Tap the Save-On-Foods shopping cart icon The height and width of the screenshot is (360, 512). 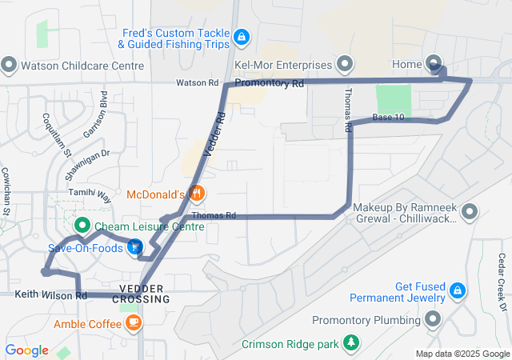coord(134,248)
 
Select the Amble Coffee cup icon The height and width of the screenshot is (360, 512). coord(134,323)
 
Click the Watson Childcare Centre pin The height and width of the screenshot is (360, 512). coord(10,64)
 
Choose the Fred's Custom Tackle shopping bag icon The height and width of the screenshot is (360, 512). coord(242,36)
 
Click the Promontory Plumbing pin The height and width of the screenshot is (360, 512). coord(434,320)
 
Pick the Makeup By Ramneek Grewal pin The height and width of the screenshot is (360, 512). coord(470,212)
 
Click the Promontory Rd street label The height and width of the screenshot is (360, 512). coord(270,83)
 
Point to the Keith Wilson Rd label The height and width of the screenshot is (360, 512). coord(50,296)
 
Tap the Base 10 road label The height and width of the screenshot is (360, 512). coord(388,118)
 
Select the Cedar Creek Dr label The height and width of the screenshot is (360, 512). coord(502,273)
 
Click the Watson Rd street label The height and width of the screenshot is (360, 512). coord(197,82)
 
